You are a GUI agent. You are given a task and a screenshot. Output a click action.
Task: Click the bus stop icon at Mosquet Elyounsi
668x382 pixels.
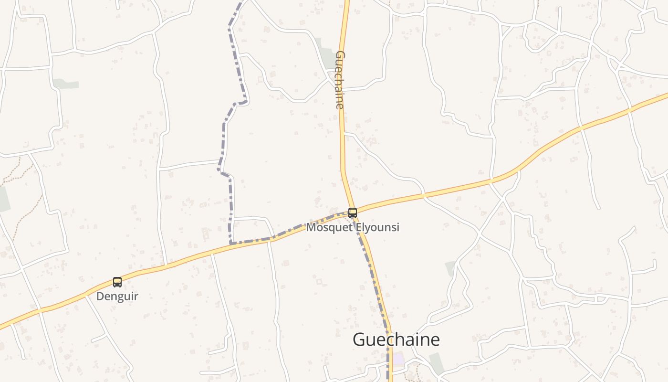353,213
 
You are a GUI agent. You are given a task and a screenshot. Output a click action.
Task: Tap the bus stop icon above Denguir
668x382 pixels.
117,282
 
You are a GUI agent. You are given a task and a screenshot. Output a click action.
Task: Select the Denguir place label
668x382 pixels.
117,296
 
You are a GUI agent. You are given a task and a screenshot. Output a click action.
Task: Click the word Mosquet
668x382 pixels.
329,227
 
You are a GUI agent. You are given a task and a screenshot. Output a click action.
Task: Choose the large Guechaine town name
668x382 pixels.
396,340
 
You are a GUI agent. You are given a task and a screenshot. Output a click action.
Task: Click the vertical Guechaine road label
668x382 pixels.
340,80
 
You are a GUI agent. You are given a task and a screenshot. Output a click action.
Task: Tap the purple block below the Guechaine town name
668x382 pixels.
398,359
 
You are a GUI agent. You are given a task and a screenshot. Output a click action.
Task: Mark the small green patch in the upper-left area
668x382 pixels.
66,84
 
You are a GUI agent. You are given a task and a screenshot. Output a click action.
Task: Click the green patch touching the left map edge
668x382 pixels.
4,199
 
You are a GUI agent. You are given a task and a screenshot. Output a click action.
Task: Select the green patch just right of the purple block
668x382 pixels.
436,363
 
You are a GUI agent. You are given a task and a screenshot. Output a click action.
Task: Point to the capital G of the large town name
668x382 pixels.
360,340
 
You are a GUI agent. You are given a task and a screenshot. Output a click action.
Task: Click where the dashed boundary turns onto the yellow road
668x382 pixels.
231,244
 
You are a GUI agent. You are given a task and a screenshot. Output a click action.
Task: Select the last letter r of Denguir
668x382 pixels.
136,296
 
